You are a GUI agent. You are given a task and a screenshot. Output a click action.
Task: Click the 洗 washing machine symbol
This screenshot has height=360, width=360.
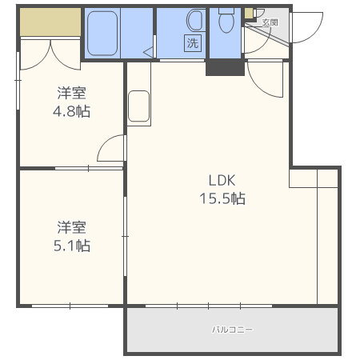click(x=192, y=43)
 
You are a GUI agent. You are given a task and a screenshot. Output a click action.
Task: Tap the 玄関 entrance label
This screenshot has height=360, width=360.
click(x=269, y=22)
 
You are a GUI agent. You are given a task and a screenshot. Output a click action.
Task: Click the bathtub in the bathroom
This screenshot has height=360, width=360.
click(x=103, y=34)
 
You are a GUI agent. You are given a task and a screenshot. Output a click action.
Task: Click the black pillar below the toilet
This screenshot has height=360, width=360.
click(x=224, y=67)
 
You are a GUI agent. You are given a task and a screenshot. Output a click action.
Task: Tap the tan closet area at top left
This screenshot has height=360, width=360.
click(x=50, y=22)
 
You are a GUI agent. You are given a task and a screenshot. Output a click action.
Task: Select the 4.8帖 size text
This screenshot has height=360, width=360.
click(x=72, y=111)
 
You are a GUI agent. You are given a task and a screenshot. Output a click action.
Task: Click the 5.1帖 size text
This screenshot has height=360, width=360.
click(x=72, y=246)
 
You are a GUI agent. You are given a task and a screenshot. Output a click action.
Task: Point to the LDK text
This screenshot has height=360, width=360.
click(x=222, y=179)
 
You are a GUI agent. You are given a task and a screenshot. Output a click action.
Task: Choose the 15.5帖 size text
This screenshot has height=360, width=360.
click(x=222, y=199)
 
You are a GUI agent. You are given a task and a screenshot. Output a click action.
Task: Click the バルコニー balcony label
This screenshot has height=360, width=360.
click(x=232, y=329)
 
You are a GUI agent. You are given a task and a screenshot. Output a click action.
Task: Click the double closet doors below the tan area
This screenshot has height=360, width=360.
click(x=50, y=52)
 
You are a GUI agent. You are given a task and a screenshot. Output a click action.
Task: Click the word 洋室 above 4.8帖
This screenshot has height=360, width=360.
click(x=72, y=92)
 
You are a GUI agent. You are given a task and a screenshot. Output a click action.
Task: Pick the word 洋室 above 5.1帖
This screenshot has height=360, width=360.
click(x=72, y=226)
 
